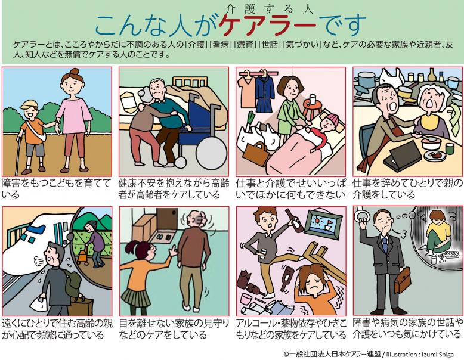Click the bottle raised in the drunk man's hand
pyautogui.click(x=290, y=219)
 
